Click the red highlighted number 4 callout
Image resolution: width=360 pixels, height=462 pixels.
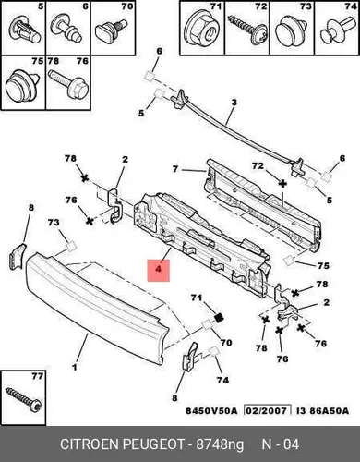pyautogui.click(x=159, y=271)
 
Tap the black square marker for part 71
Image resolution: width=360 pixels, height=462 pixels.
pyautogui.click(x=219, y=318)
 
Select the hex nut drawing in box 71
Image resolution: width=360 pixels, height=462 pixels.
pyautogui.click(x=200, y=30)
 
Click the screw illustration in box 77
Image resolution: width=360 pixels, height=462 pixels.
pyautogui.click(x=24, y=399)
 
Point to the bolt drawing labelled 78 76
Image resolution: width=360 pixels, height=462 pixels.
pyautogui.click(x=67, y=84)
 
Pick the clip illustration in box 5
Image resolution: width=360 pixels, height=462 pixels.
pyautogui.click(x=25, y=30)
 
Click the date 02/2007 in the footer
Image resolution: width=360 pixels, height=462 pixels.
pyautogui.click(x=267, y=410)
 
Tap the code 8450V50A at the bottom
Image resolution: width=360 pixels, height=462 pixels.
pyautogui.click(x=211, y=411)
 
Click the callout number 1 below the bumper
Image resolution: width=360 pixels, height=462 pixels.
pyautogui.click(x=74, y=367)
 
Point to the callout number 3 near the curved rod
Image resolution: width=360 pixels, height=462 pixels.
pyautogui.click(x=234, y=103)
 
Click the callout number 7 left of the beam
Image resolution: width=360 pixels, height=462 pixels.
pyautogui.click(x=175, y=169)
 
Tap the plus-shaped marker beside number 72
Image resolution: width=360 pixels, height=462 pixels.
pyautogui.click(x=282, y=184)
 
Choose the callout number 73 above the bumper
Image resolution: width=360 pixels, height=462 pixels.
pyautogui.click(x=54, y=222)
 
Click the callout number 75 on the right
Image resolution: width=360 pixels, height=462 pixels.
pyautogui.click(x=323, y=265)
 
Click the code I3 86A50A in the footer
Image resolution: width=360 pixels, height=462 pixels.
pyautogui.click(x=322, y=411)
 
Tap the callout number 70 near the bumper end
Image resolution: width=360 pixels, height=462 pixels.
pyautogui.click(x=226, y=343)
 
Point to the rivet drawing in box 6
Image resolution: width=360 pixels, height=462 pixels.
pyautogui.click(x=67, y=29)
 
